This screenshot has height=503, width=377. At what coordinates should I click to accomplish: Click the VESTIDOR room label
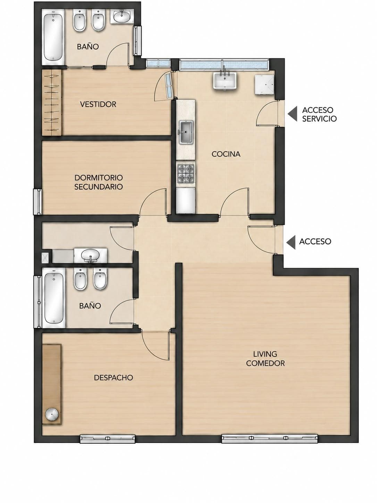(x=98, y=104)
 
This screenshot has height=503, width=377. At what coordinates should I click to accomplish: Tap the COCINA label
(x=226, y=154)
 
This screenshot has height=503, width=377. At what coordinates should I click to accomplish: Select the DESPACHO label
(x=113, y=377)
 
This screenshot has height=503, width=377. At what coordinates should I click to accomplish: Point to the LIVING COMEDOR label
(x=265, y=358)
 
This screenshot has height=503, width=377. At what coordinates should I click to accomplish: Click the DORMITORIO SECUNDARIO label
(x=99, y=182)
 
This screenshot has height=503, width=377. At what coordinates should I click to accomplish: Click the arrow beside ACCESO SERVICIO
(x=292, y=114)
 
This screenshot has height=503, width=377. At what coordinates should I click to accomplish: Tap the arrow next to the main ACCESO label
(x=291, y=241)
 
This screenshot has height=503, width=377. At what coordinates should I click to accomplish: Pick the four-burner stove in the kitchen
(x=186, y=173)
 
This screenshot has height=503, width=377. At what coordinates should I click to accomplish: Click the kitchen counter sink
(x=186, y=132)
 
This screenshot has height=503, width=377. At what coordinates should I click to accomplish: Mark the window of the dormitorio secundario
(x=37, y=202)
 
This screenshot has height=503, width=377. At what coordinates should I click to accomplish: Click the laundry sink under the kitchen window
(x=224, y=80)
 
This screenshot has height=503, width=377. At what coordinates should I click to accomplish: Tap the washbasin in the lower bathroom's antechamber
(x=91, y=255)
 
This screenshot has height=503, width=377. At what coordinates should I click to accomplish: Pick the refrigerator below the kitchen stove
(x=186, y=201)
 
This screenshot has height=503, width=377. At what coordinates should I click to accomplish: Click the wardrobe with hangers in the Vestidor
(x=52, y=102)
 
